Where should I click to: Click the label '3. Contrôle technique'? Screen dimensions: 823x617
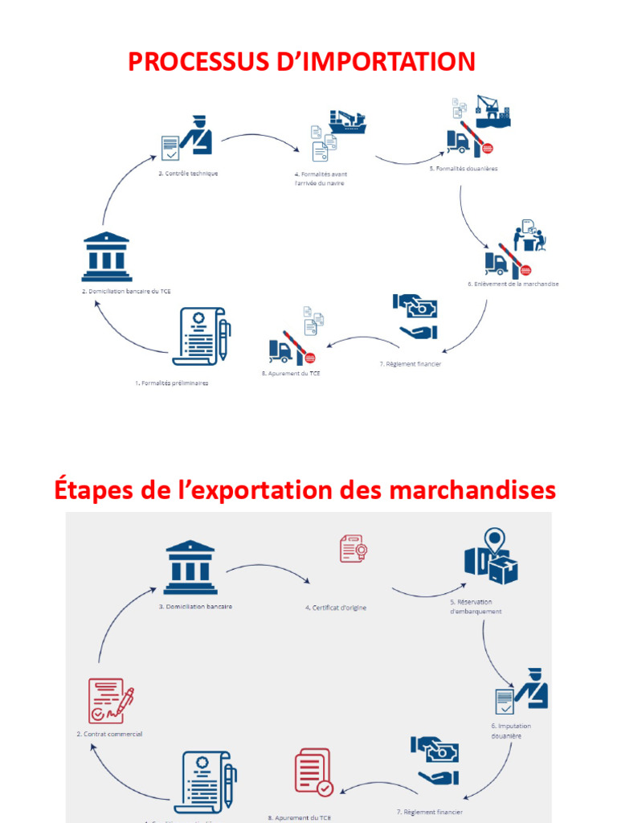pyautogui.click(x=188, y=173)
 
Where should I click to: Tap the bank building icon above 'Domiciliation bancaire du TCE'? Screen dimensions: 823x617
pyautogui.click(x=106, y=256)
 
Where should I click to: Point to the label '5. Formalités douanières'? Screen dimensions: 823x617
pyautogui.click(x=463, y=169)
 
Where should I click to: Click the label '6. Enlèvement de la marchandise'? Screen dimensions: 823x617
pyautogui.click(x=513, y=285)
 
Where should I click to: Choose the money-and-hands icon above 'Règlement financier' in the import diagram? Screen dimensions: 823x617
pyautogui.click(x=416, y=316)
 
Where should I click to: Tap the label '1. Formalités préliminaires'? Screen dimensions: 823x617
pyautogui.click(x=172, y=383)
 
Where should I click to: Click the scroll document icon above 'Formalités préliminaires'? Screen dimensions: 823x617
pyautogui.click(x=201, y=336)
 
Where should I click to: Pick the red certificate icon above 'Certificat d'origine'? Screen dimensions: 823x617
pyautogui.click(x=353, y=550)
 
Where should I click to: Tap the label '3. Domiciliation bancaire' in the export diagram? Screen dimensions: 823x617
pyautogui.click(x=195, y=606)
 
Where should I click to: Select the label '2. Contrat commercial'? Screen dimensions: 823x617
pyautogui.click(x=109, y=734)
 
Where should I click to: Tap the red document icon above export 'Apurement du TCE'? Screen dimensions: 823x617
pyautogui.click(x=313, y=772)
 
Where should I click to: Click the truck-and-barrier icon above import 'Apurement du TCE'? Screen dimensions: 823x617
pyautogui.click(x=292, y=346)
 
